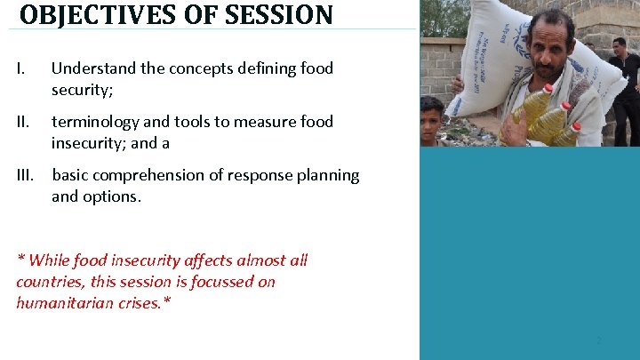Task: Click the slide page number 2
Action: click(599, 340)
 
